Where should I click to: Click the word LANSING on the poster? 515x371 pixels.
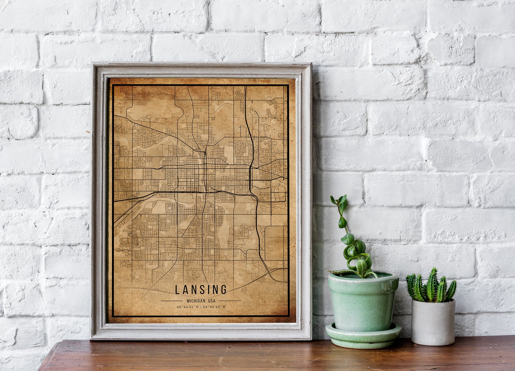pos(201,289)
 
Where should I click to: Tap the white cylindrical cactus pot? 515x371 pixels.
pos(433,322)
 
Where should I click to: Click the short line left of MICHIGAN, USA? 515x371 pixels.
pos(172,301)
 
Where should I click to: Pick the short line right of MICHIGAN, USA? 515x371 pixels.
pos(230,301)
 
